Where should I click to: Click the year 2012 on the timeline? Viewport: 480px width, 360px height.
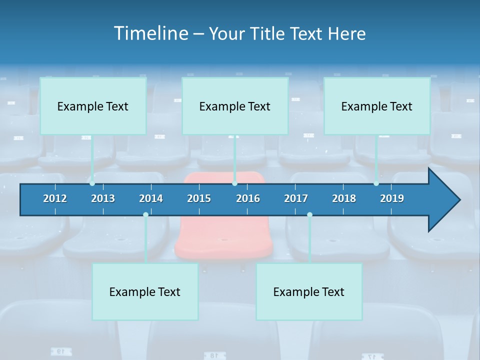click(x=55, y=198)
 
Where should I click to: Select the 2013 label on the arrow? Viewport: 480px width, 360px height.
click(x=103, y=198)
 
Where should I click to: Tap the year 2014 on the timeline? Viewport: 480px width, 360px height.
click(x=151, y=198)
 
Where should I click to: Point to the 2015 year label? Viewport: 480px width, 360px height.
click(x=199, y=198)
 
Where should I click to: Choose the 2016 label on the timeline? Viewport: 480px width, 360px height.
click(x=248, y=198)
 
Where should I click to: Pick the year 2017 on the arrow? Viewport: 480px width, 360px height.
click(x=296, y=198)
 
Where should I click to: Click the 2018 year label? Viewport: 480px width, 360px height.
click(x=344, y=198)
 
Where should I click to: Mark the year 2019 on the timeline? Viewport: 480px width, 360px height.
click(x=392, y=198)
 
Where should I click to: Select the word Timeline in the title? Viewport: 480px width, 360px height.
click(x=150, y=33)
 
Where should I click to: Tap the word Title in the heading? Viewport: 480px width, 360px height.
click(x=268, y=33)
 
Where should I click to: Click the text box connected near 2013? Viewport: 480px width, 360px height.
click(x=93, y=106)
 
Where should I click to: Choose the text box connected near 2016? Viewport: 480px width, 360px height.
click(x=235, y=106)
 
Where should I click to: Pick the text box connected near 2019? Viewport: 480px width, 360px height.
click(x=377, y=106)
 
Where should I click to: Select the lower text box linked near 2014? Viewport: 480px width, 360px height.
click(x=145, y=291)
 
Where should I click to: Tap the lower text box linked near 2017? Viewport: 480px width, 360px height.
click(x=309, y=291)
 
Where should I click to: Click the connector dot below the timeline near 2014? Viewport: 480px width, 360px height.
click(x=145, y=215)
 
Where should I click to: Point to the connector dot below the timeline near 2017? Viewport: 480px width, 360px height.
click(x=309, y=215)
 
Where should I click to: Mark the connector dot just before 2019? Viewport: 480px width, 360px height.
click(x=376, y=183)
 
